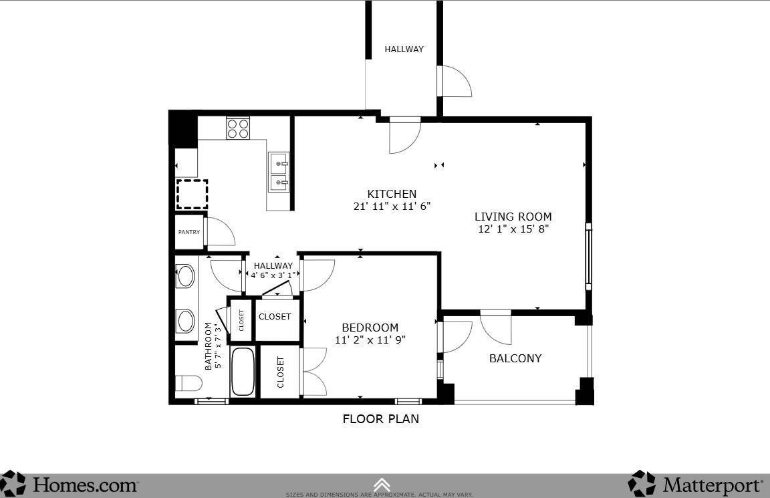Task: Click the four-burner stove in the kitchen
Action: tap(238, 128)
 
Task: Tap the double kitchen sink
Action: tap(279, 171)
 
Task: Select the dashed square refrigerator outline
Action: tap(192, 195)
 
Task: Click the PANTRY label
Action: tap(189, 232)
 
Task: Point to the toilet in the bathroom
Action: tap(188, 383)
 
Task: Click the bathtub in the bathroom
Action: tap(243, 371)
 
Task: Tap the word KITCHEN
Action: tap(392, 194)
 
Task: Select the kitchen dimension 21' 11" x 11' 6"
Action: tap(392, 207)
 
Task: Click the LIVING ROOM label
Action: tap(513, 217)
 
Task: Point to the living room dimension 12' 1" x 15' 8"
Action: tap(513, 229)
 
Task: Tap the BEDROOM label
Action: tap(370, 328)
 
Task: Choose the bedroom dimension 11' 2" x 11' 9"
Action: tap(370, 340)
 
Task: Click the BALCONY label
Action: tap(515, 358)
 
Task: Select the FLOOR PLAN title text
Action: tap(380, 419)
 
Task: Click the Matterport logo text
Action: tap(713, 486)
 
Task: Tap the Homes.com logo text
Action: tap(86, 485)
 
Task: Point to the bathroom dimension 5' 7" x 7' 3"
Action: tap(213, 346)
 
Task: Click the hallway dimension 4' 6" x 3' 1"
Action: tap(273, 275)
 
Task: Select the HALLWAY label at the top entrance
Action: tap(404, 49)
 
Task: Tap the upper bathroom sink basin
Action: tap(186, 276)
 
